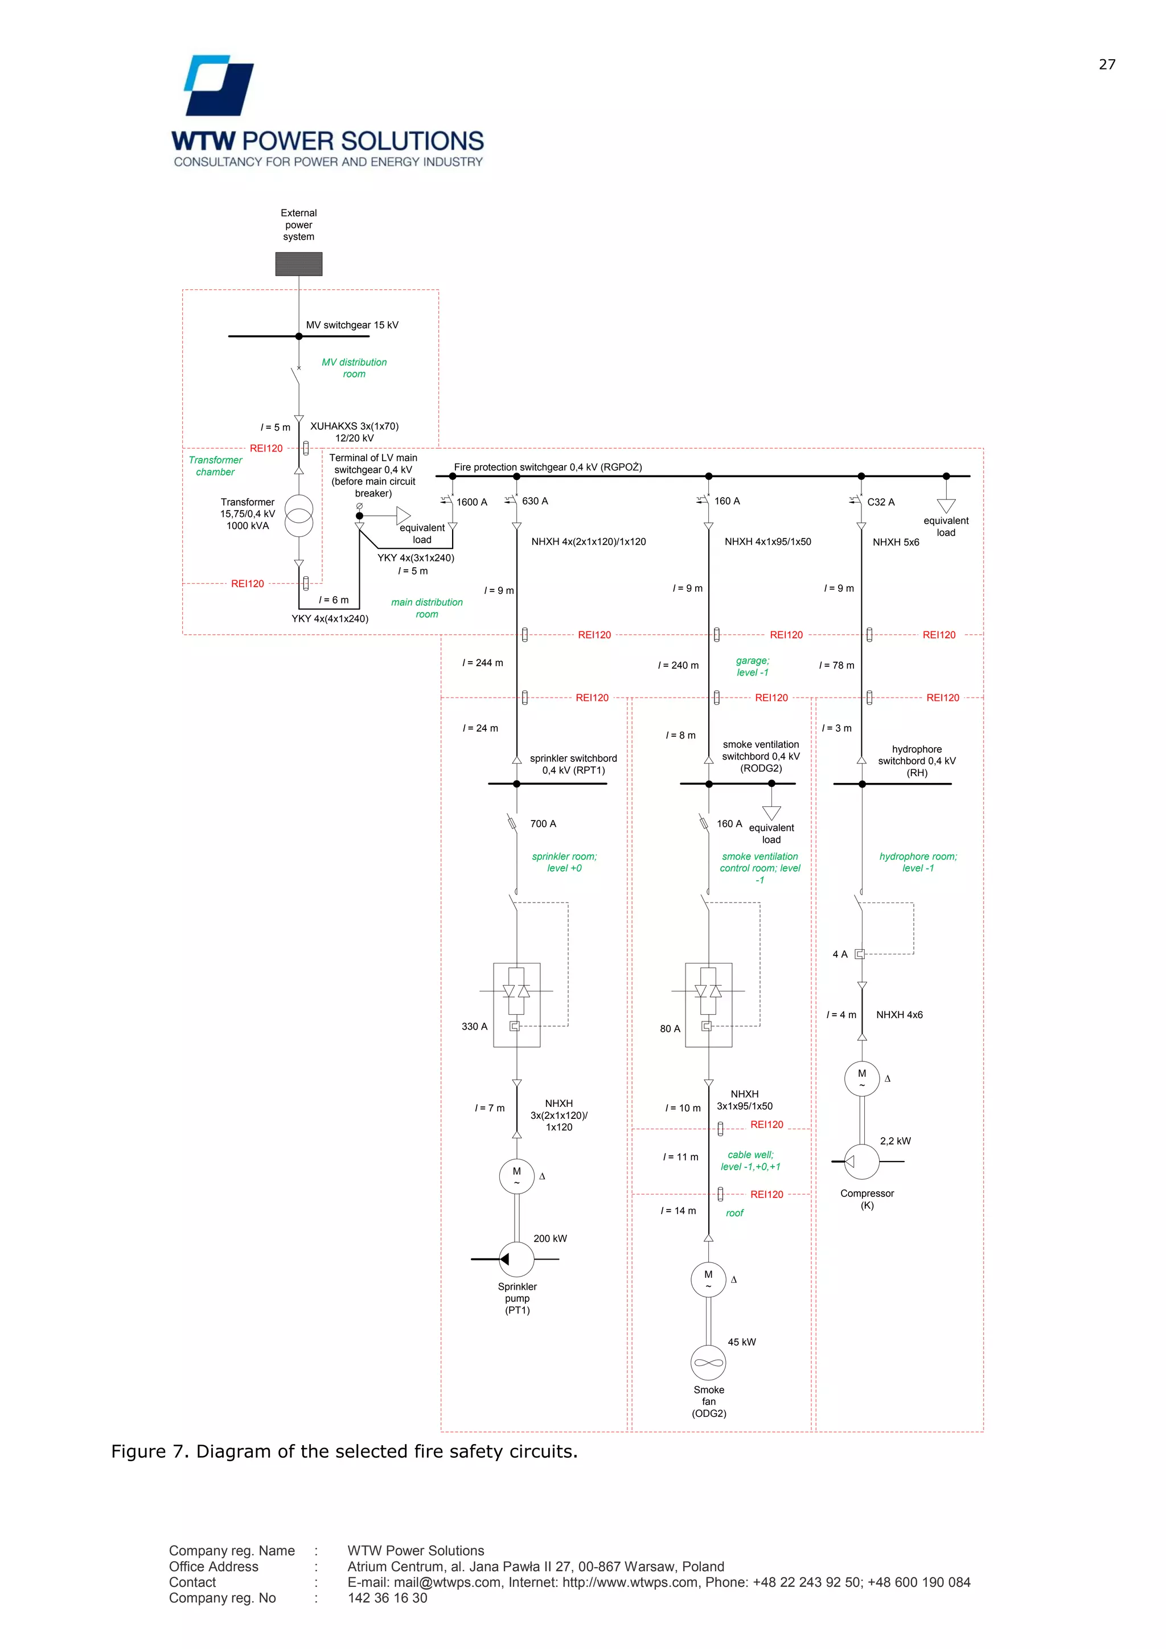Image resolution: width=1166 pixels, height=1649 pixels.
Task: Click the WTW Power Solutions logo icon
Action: (x=219, y=85)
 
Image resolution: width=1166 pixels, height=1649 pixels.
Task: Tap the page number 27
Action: (x=1106, y=65)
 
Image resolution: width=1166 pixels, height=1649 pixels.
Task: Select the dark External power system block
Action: (x=299, y=264)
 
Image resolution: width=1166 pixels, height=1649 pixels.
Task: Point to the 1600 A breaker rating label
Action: (x=472, y=502)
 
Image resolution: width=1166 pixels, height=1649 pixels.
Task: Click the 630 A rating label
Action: (x=535, y=501)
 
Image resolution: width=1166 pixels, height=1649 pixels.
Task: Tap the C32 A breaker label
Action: (x=880, y=502)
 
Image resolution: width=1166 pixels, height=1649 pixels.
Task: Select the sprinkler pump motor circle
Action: (x=516, y=1176)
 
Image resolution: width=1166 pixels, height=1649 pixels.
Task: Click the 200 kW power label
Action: (x=550, y=1238)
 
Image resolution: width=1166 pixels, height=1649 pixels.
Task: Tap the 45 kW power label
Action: (x=742, y=1342)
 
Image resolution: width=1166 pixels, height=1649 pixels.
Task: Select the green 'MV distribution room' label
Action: (x=354, y=368)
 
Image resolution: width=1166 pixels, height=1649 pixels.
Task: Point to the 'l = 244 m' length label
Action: (x=482, y=663)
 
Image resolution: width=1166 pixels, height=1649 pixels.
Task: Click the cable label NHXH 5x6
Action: (x=896, y=542)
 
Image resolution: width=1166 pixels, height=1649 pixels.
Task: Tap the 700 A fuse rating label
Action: (x=543, y=824)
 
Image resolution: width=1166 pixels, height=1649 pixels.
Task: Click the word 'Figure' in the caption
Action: (x=138, y=1451)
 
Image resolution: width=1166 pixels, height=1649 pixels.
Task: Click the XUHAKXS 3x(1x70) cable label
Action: (x=354, y=426)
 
